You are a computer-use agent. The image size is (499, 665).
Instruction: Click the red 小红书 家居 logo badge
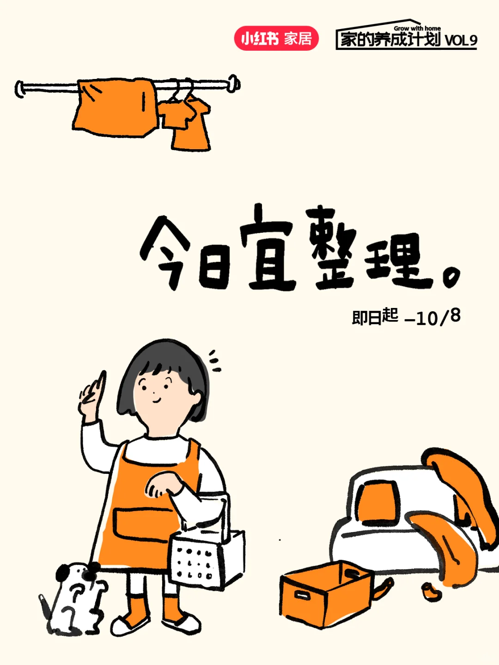(x=276, y=38)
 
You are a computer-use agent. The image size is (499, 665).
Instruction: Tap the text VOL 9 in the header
(x=461, y=40)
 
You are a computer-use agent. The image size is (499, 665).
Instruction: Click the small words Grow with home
(x=417, y=28)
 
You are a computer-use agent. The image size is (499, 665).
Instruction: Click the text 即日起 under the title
(x=375, y=317)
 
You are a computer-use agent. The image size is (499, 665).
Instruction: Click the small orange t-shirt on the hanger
(x=187, y=122)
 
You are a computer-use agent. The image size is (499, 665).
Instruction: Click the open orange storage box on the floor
(x=326, y=593)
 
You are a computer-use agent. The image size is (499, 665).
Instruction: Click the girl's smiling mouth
(x=156, y=400)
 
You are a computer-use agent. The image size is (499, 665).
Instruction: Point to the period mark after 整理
(x=451, y=277)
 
